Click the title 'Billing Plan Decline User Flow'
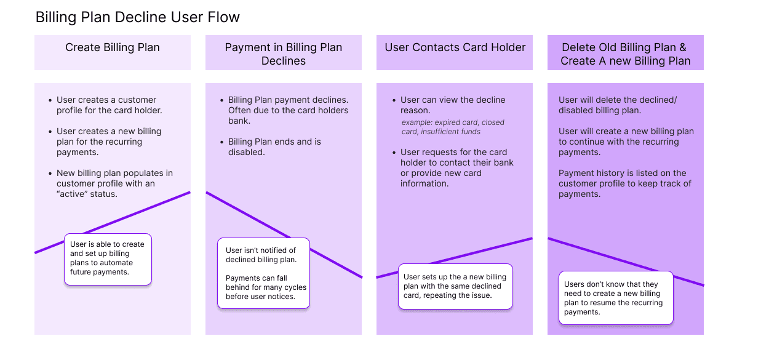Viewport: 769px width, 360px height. [x=138, y=17]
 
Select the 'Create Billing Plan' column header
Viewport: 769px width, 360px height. [x=113, y=52]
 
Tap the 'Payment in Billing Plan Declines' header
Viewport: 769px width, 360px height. [x=284, y=52]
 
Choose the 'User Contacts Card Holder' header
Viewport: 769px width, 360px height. [x=455, y=52]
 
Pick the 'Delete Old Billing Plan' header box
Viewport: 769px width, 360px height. [x=626, y=52]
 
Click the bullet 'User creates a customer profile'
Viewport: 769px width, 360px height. [x=109, y=105]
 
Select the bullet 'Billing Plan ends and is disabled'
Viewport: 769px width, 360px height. [x=274, y=147]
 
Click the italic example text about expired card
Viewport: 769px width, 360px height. [x=453, y=127]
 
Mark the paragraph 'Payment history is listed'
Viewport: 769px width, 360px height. [x=625, y=183]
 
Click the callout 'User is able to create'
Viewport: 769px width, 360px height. [x=108, y=259]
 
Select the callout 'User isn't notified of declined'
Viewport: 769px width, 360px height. [x=264, y=273]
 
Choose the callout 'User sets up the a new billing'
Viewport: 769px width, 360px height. [x=455, y=286]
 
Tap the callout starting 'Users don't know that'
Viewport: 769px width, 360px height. [x=616, y=298]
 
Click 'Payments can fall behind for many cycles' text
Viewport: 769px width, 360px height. [x=266, y=287]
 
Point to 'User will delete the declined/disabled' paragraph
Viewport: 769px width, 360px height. [x=618, y=105]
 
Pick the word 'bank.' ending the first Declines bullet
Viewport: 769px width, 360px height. [x=239, y=121]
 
